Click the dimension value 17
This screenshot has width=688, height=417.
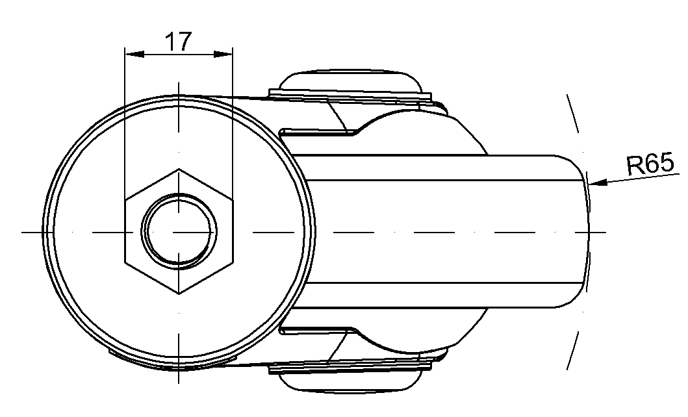(x=179, y=41)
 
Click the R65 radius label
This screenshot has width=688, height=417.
(x=650, y=164)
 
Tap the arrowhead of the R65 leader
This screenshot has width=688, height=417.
(x=598, y=181)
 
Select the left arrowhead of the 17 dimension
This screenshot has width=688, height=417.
(x=134, y=54)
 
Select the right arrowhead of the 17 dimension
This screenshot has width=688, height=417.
(x=223, y=54)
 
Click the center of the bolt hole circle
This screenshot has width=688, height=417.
(x=179, y=231)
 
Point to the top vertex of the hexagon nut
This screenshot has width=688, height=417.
(x=179, y=169)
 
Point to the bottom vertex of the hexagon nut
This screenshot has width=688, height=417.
(x=179, y=294)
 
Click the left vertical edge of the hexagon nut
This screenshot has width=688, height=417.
(x=125, y=231)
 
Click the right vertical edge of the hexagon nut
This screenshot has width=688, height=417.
(x=232, y=231)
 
